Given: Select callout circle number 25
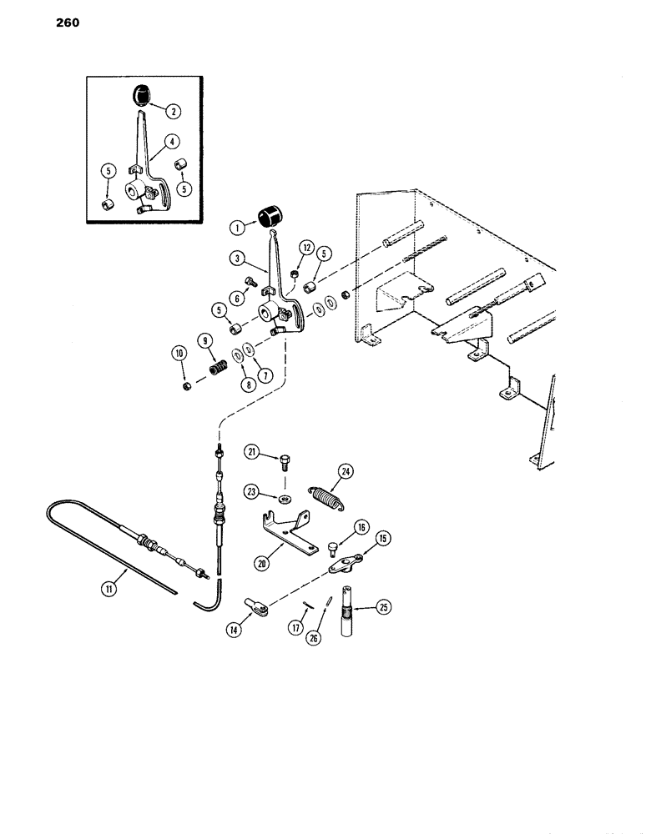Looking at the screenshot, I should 383,607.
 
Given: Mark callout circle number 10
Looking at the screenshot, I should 179,354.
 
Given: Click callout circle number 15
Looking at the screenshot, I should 382,539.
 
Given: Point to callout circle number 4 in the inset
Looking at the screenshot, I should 173,142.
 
